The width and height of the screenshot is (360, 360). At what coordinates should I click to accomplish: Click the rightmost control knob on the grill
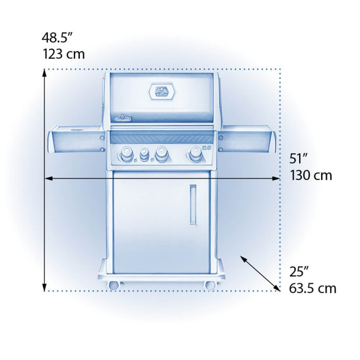(x=195, y=153)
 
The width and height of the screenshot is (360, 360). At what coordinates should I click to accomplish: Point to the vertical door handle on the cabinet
(x=193, y=205)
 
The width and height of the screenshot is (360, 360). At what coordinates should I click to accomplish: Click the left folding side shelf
(x=75, y=139)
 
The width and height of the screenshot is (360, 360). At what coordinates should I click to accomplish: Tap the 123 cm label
(x=63, y=53)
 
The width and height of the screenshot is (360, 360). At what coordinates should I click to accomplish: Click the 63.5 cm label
(x=313, y=287)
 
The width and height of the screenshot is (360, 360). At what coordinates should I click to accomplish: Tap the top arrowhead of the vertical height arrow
(x=45, y=74)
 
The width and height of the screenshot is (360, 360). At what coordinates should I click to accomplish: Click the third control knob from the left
(x=162, y=153)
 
